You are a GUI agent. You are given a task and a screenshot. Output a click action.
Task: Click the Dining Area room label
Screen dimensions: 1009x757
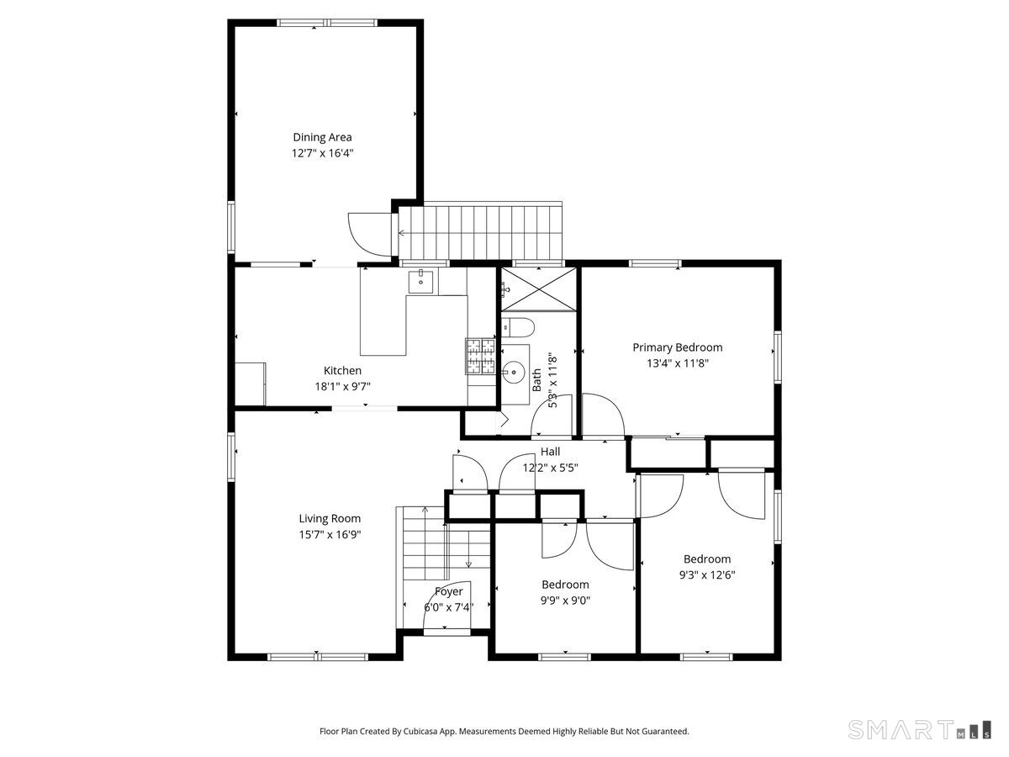coord(322,137)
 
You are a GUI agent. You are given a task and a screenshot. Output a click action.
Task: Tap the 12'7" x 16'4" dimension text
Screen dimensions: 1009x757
coord(322,153)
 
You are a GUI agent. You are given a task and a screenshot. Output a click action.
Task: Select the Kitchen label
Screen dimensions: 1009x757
coord(342,370)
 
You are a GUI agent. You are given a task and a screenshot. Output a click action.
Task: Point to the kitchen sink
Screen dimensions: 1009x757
coord(420,281)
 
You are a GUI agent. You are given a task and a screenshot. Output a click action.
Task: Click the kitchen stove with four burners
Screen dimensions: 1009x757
coord(480,356)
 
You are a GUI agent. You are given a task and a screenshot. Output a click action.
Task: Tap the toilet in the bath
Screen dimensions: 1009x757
coord(518,328)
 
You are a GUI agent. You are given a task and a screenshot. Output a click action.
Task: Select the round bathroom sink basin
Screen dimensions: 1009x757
coord(513,372)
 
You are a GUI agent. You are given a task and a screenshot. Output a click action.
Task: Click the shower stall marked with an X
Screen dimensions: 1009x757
coord(538,289)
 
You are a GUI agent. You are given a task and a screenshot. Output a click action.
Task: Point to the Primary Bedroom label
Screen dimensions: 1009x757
coord(678,348)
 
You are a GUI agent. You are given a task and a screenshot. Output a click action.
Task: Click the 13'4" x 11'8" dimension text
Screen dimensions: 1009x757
coord(678,363)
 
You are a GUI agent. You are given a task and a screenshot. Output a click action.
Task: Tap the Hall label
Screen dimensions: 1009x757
coord(550,452)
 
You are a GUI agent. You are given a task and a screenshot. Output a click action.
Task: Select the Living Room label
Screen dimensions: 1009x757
coord(330,519)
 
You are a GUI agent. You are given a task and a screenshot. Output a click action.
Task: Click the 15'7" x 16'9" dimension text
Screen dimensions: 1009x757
coord(330,535)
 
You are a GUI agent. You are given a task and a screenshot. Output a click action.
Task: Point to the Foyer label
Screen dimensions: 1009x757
coord(449,592)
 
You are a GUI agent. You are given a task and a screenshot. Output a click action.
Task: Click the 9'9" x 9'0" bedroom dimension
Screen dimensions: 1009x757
coord(565,601)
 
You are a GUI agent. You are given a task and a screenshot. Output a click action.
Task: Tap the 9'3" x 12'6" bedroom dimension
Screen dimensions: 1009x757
coord(707,574)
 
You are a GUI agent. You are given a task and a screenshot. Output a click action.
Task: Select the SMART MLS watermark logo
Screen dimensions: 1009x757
coord(919,730)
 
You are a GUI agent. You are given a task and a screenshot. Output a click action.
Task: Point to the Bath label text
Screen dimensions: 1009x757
coord(536,380)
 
